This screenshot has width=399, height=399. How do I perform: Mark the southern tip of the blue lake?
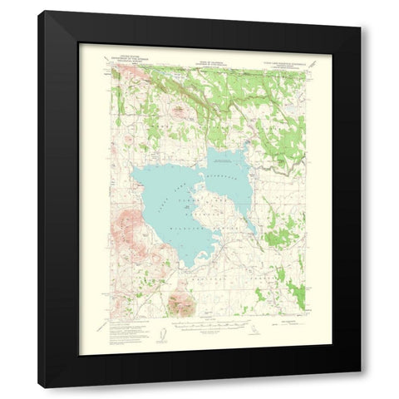pyautogui.click(x=191, y=266)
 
